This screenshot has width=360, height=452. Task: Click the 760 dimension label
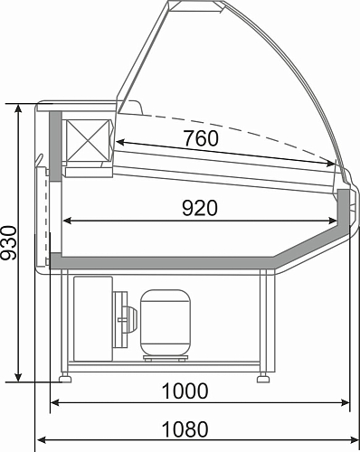click(x=201, y=138)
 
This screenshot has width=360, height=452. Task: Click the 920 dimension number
click(x=200, y=208)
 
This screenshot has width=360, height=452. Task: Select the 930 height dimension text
click(x=8, y=243)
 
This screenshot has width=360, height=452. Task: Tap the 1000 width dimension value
click(x=185, y=391)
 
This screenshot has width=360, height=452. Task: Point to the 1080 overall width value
click(x=185, y=429)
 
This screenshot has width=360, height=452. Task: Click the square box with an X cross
click(x=88, y=140)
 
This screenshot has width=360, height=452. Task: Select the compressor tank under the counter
click(x=166, y=323)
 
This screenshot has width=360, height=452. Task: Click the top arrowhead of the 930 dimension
click(x=18, y=108)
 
